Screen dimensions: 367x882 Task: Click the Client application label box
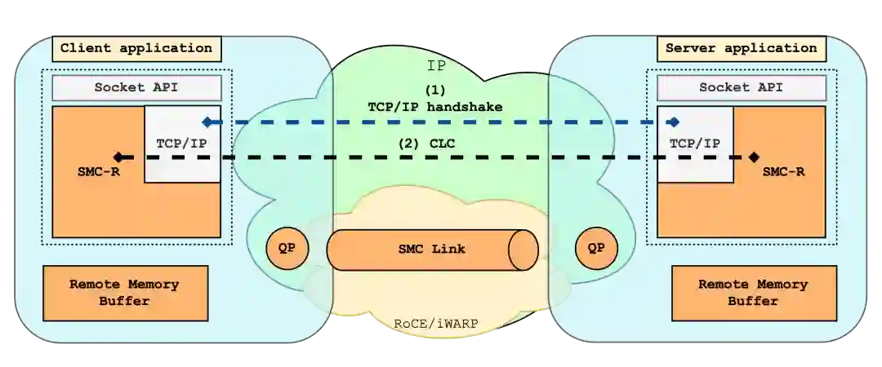tap(136, 48)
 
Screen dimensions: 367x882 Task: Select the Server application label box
tap(741, 48)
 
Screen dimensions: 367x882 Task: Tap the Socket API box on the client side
tap(136, 87)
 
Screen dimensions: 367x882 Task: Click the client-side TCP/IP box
tap(182, 143)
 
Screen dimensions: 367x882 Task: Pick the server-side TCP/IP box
tap(695, 143)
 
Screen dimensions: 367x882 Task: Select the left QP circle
tap(287, 249)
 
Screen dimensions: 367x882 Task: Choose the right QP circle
tap(596, 249)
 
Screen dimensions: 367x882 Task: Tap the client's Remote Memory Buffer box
tap(124, 293)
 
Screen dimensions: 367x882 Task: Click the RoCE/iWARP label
tap(436, 324)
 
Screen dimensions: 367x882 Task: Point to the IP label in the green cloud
tap(437, 65)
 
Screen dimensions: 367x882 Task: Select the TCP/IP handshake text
tap(434, 107)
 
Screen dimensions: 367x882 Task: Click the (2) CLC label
tap(426, 144)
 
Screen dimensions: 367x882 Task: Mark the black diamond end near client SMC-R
tap(118, 157)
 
